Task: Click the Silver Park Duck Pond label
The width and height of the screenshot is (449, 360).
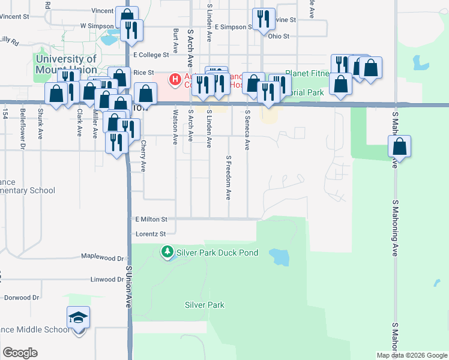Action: pos(217,253)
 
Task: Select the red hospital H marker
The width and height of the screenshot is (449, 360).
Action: pos(175,79)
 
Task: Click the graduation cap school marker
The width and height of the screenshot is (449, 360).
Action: pos(78,317)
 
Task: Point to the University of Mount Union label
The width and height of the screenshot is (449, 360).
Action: pos(66,64)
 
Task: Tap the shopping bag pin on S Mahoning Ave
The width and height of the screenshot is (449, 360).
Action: pos(400,147)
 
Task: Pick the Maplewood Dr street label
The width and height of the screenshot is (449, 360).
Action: pos(103,257)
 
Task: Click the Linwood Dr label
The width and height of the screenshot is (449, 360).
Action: pos(106,280)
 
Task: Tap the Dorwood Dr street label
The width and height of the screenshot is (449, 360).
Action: pos(22,297)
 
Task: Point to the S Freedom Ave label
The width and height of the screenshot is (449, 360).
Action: pos(229,178)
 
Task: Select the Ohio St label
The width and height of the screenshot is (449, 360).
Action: pos(279,36)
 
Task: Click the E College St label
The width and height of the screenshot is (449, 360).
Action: pos(152,55)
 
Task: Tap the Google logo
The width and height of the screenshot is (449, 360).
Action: pos(20,353)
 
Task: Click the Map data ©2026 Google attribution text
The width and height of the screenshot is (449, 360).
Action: pos(412,355)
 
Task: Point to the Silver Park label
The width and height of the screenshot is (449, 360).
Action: pos(205,305)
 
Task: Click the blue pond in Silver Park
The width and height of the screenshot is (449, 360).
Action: pos(279,257)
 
